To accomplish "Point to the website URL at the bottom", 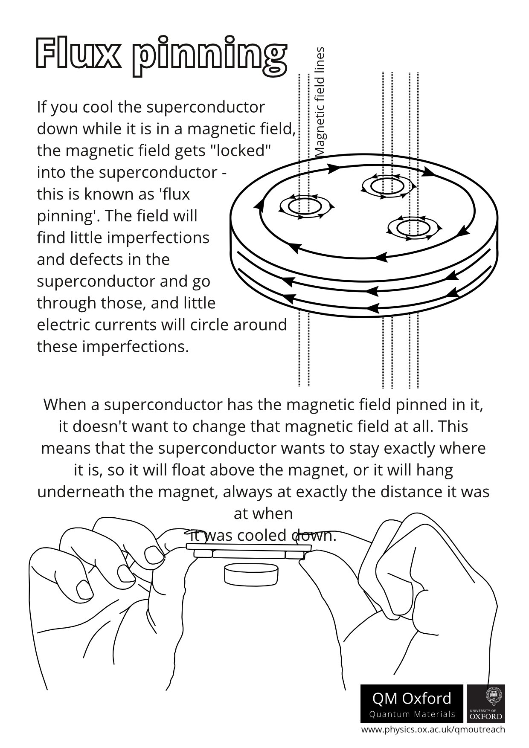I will coord(433,730).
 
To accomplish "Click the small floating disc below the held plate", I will coord(250,574).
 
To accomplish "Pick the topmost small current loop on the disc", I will coord(388,186).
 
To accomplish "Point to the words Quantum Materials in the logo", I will coord(412,714).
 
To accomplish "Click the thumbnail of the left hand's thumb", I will coord(154,555).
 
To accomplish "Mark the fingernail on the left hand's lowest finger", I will coord(84,590).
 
